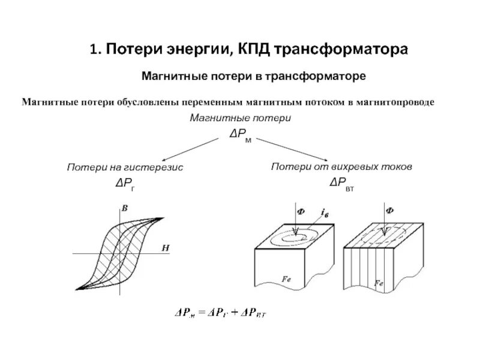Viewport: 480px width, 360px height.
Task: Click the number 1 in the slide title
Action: (94, 49)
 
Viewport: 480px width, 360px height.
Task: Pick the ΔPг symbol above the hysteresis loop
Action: (125, 184)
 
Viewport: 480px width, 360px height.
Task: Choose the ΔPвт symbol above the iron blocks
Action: (341, 182)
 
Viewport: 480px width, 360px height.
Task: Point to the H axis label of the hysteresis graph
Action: (164, 247)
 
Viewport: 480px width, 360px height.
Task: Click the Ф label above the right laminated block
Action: (389, 211)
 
